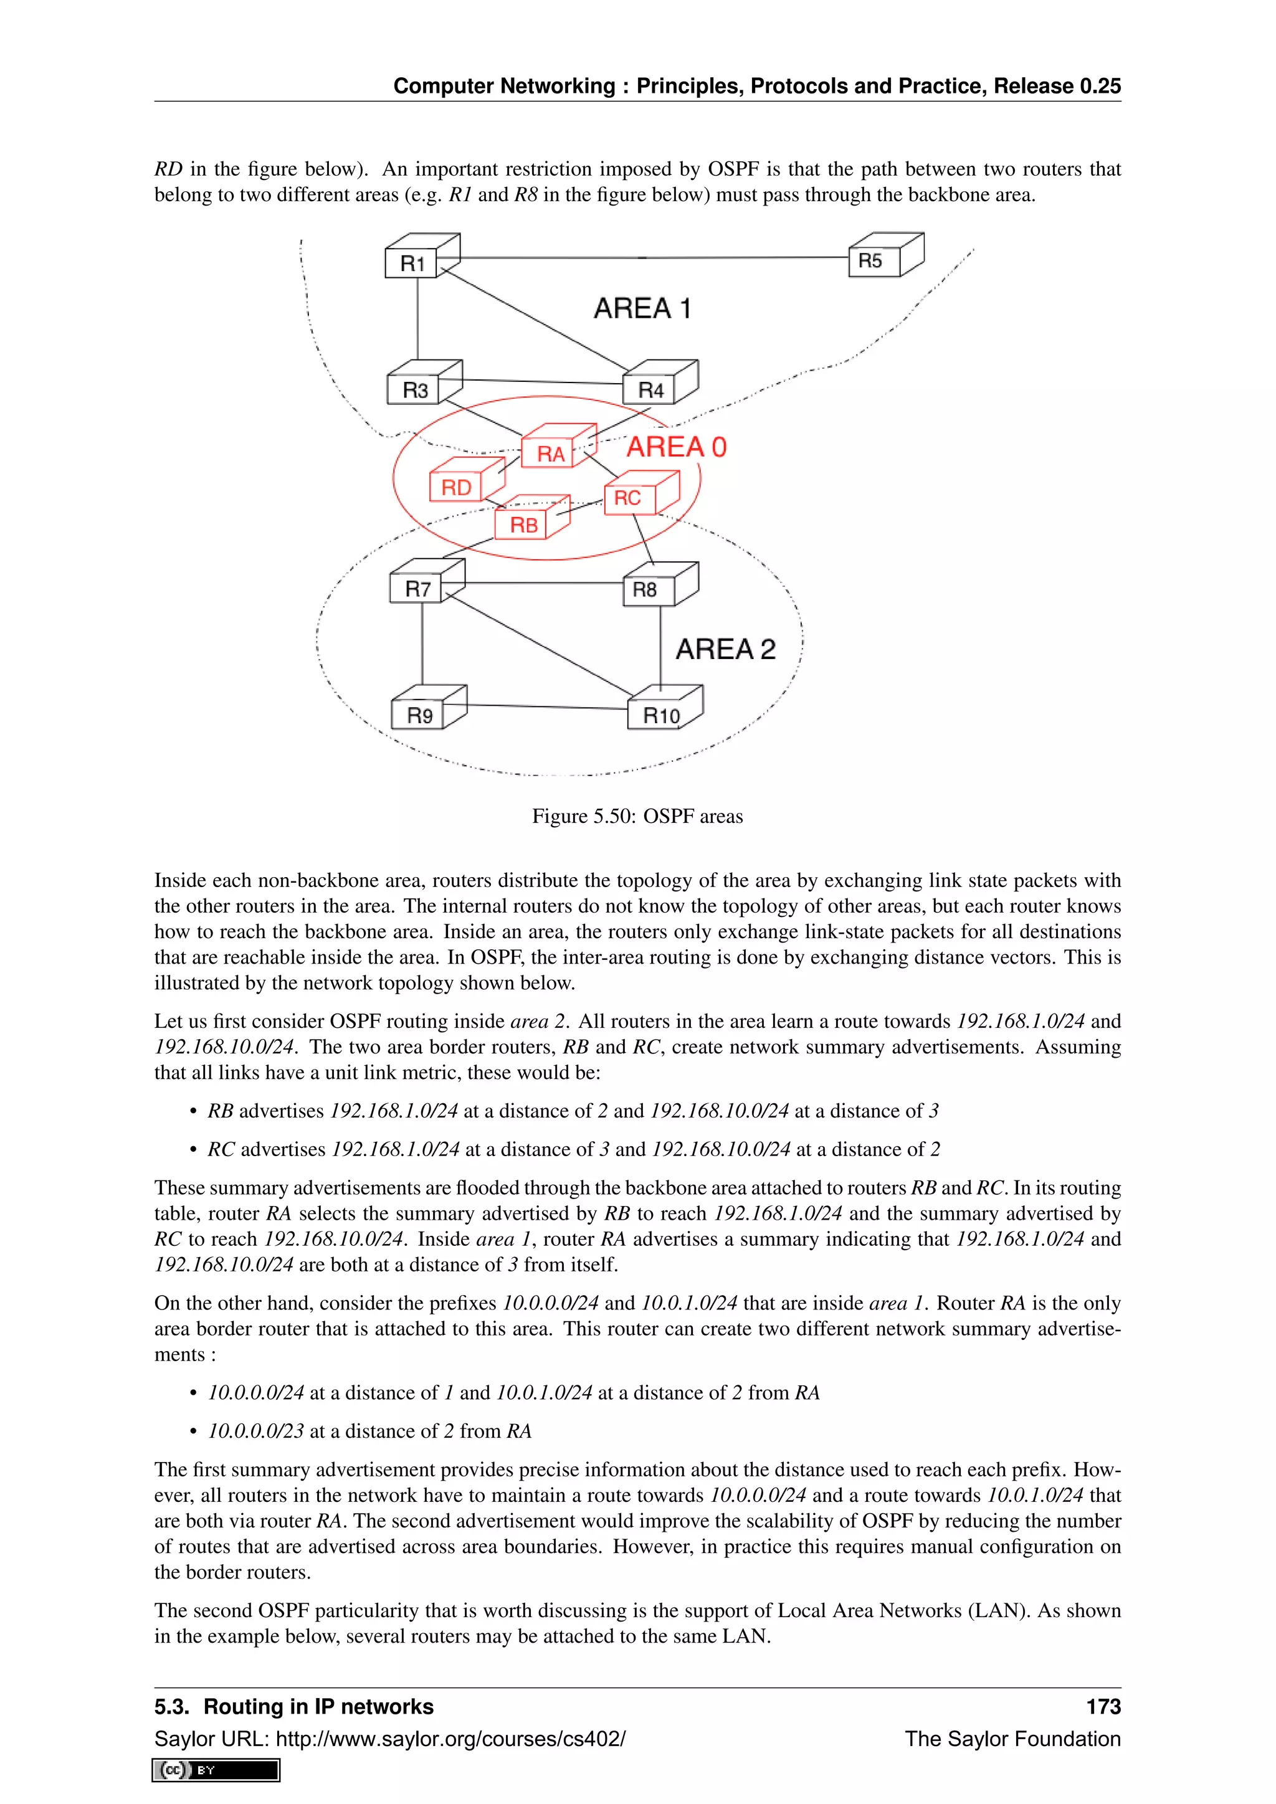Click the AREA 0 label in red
[676, 447]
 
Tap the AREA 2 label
[725, 649]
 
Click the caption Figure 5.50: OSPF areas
[637, 817]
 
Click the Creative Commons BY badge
[216, 1770]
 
